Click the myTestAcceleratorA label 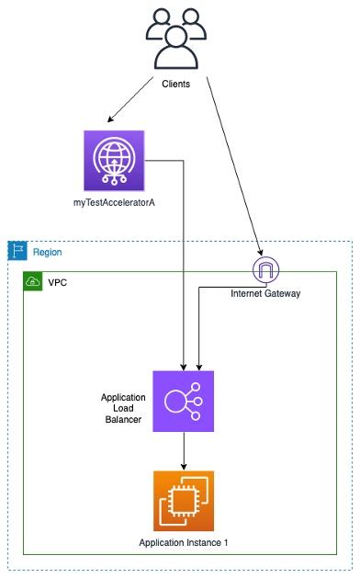tap(114, 200)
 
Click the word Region tap(48, 252)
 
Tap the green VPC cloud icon tap(33, 280)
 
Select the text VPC tap(58, 280)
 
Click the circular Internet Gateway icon tap(264, 270)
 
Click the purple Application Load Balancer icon tap(184, 401)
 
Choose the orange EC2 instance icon tap(184, 501)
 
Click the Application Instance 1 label tap(184, 543)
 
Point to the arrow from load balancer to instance tap(184, 449)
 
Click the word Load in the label tap(123, 408)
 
